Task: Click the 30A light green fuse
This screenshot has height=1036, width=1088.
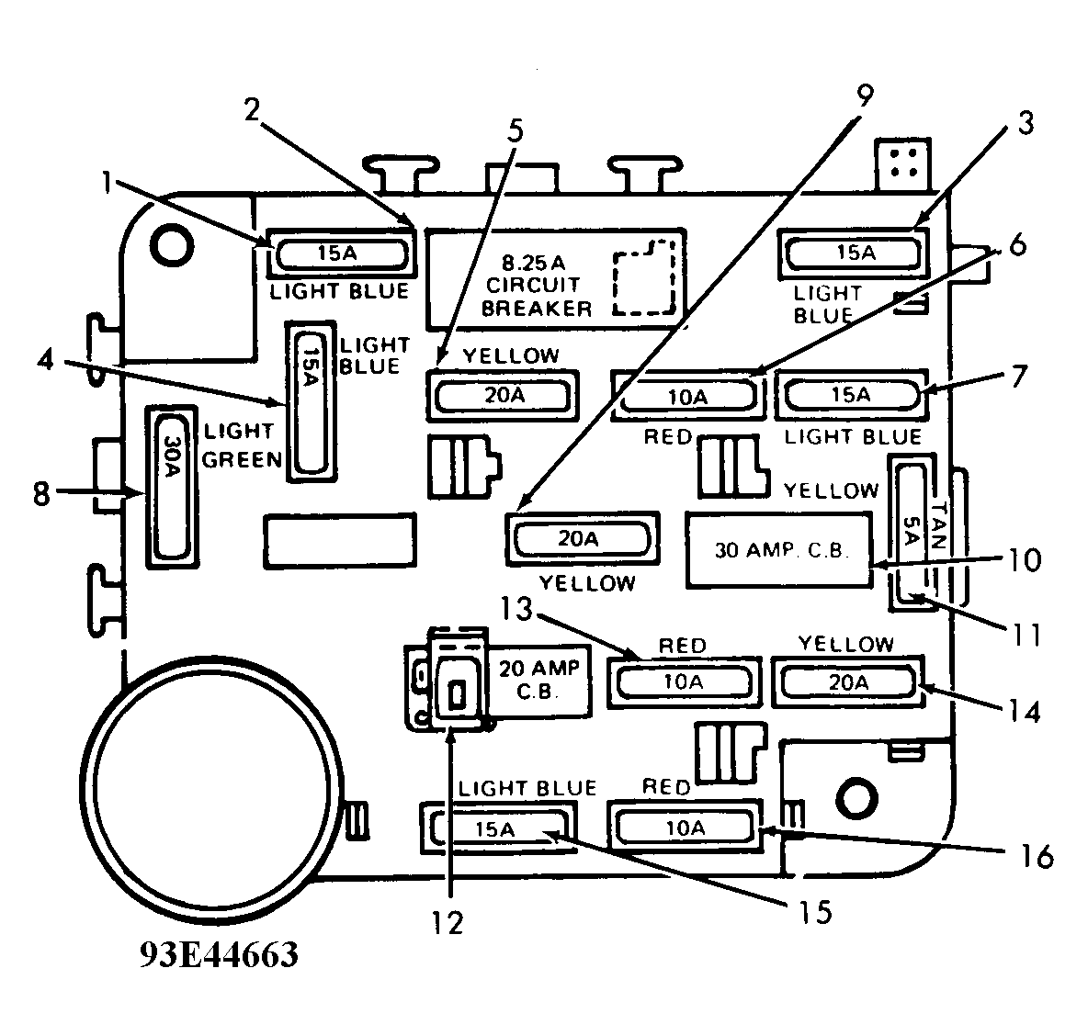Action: point(172,486)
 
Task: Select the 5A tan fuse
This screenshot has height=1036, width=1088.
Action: point(912,532)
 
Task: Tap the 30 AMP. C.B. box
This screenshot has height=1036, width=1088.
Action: point(778,550)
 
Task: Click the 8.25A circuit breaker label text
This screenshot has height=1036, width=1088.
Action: point(537,286)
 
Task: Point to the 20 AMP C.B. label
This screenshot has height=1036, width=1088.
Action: point(538,680)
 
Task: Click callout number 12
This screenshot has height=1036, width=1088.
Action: point(448,922)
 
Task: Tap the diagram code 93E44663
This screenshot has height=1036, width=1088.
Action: point(220,955)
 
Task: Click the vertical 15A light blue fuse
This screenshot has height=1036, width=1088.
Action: point(311,401)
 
